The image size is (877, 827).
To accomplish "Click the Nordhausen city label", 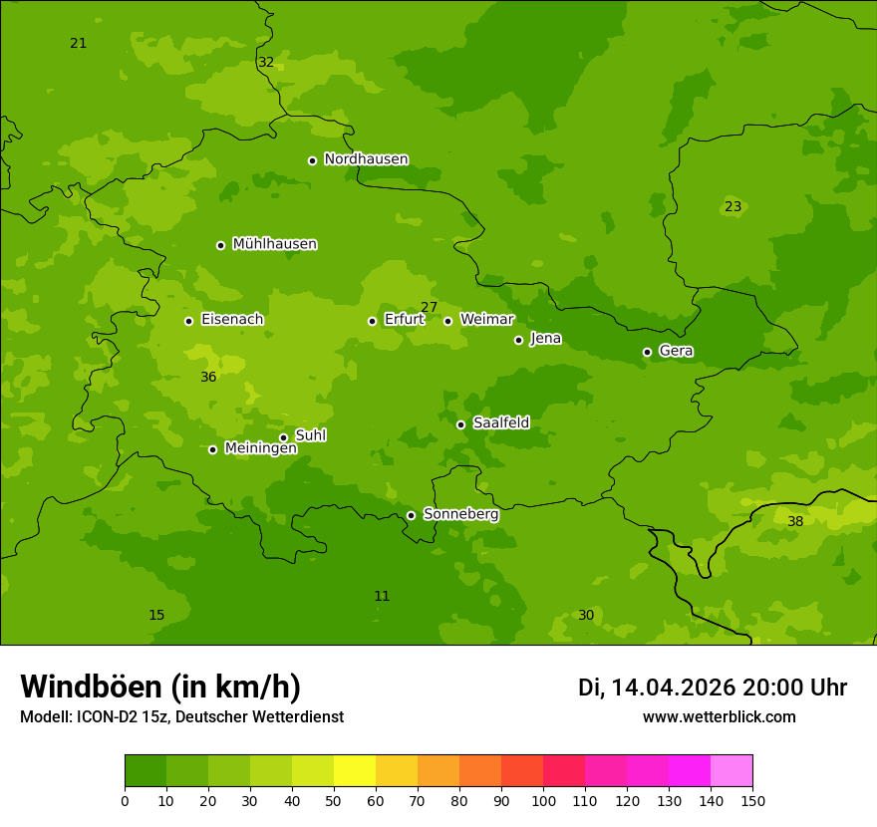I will (x=366, y=159).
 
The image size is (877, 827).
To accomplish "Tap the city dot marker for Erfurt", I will (x=372, y=321).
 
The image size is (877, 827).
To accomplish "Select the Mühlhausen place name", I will (x=274, y=244).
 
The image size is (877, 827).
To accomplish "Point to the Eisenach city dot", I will (x=188, y=321).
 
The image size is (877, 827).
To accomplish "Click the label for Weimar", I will (x=486, y=320).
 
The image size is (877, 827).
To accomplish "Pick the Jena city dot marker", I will (x=518, y=340).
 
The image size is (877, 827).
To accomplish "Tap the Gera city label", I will (x=676, y=351).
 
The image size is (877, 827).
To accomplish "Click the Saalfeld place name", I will (x=500, y=423).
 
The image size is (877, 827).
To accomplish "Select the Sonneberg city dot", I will (x=411, y=515).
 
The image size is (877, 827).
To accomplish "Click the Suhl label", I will (x=310, y=435).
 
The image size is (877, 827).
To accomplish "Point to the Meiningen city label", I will (x=260, y=448).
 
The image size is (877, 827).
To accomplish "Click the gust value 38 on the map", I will (x=795, y=522).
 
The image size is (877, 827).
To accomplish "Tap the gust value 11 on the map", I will (x=382, y=597).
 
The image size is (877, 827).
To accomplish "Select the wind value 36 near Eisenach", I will (x=208, y=378).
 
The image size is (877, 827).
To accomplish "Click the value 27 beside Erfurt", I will (x=429, y=308).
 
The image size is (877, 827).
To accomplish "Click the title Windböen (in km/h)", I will (x=160, y=687).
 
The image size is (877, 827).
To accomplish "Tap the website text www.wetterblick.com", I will (x=719, y=717).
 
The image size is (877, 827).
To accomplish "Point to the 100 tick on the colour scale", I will (x=543, y=800).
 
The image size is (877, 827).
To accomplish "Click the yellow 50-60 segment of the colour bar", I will (x=355, y=771).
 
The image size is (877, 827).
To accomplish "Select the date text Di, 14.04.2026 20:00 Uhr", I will (x=712, y=688).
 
